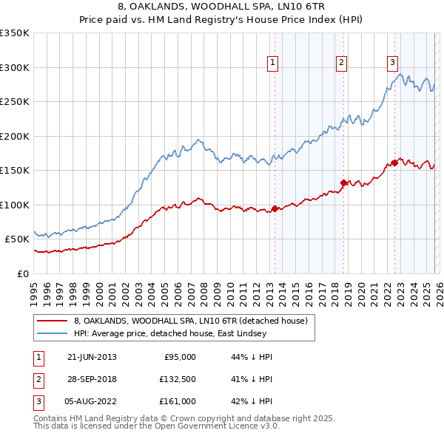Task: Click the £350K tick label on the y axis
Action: click(x=15, y=33)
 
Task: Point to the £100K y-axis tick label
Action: click(x=15, y=205)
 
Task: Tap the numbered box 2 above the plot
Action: click(x=342, y=64)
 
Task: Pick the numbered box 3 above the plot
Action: click(x=393, y=64)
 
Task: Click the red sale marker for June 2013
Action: click(x=275, y=208)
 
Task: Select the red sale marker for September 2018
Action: click(x=344, y=183)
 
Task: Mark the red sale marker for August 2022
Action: click(x=394, y=163)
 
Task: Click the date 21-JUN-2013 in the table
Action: click(x=92, y=357)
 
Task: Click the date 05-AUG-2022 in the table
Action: click(x=92, y=401)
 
